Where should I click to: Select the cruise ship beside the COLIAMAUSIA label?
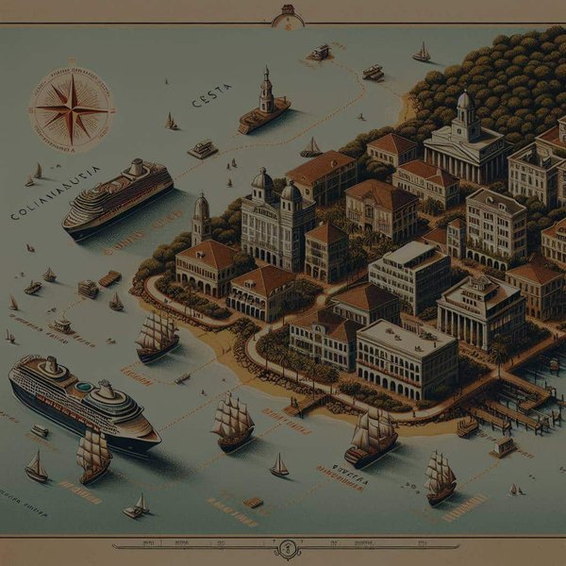[118, 195]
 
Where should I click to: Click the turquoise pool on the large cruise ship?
[84, 387]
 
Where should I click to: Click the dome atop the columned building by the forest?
[464, 100]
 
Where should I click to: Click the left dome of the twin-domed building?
[262, 181]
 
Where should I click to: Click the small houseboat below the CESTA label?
[202, 149]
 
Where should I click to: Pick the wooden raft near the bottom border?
[253, 502]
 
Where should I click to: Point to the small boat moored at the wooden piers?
[467, 426]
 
